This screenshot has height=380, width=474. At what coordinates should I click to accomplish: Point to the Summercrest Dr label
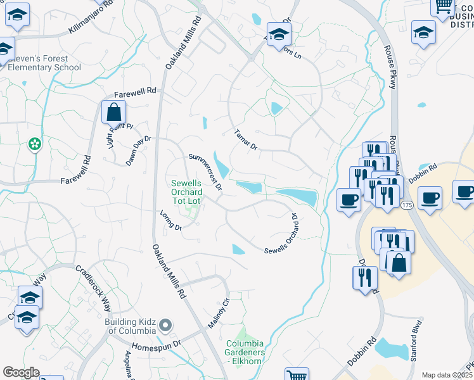point(206,171)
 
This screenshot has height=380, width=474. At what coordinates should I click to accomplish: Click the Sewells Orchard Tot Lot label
point(186,192)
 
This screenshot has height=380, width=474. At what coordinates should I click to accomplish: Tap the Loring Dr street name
point(170,220)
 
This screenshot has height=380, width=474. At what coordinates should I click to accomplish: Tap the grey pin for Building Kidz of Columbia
point(165,326)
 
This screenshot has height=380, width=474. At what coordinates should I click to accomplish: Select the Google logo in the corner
point(21,372)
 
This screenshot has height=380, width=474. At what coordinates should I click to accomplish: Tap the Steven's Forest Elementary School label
point(44,63)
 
